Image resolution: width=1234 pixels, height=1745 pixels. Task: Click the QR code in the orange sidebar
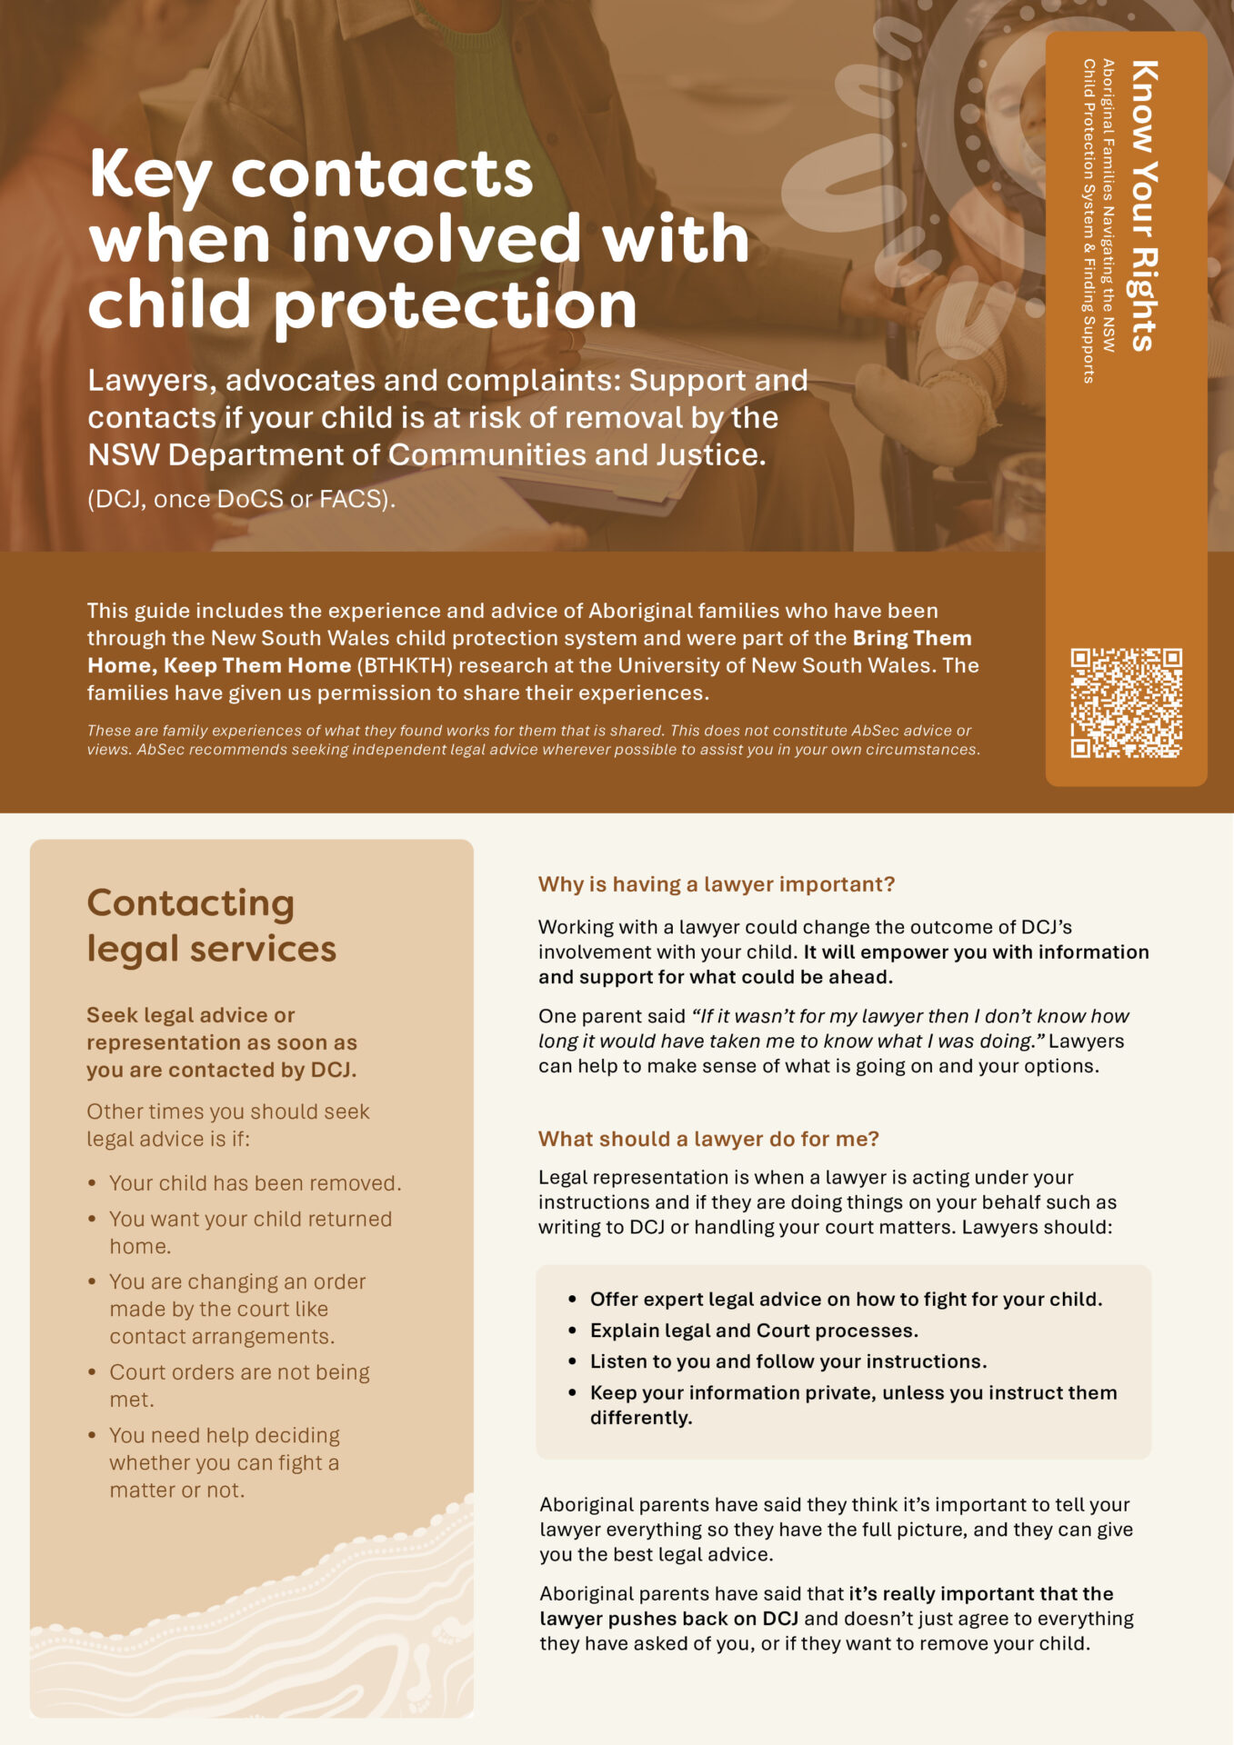click(x=1126, y=703)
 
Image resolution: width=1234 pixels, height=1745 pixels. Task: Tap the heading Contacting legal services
click(x=211, y=925)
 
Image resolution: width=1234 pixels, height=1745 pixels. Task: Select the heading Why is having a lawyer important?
click(x=717, y=884)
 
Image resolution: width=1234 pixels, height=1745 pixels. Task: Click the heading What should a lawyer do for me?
click(x=708, y=1139)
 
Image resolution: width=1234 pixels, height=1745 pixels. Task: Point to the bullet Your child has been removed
click(x=255, y=1183)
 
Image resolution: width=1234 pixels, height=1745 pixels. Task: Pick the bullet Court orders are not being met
click(x=239, y=1385)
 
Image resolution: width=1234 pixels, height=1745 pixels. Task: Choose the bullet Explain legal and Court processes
click(x=754, y=1331)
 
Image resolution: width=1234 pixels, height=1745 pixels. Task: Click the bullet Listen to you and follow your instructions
click(x=788, y=1361)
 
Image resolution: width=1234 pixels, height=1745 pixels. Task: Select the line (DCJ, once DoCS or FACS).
click(x=241, y=499)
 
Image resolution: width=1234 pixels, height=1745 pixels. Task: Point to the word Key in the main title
click(x=150, y=174)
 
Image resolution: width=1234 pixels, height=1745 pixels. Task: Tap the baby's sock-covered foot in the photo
click(x=918, y=409)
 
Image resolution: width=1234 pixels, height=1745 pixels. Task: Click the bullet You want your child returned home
click(x=250, y=1231)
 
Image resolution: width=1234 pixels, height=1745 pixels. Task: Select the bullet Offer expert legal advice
click(x=846, y=1300)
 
